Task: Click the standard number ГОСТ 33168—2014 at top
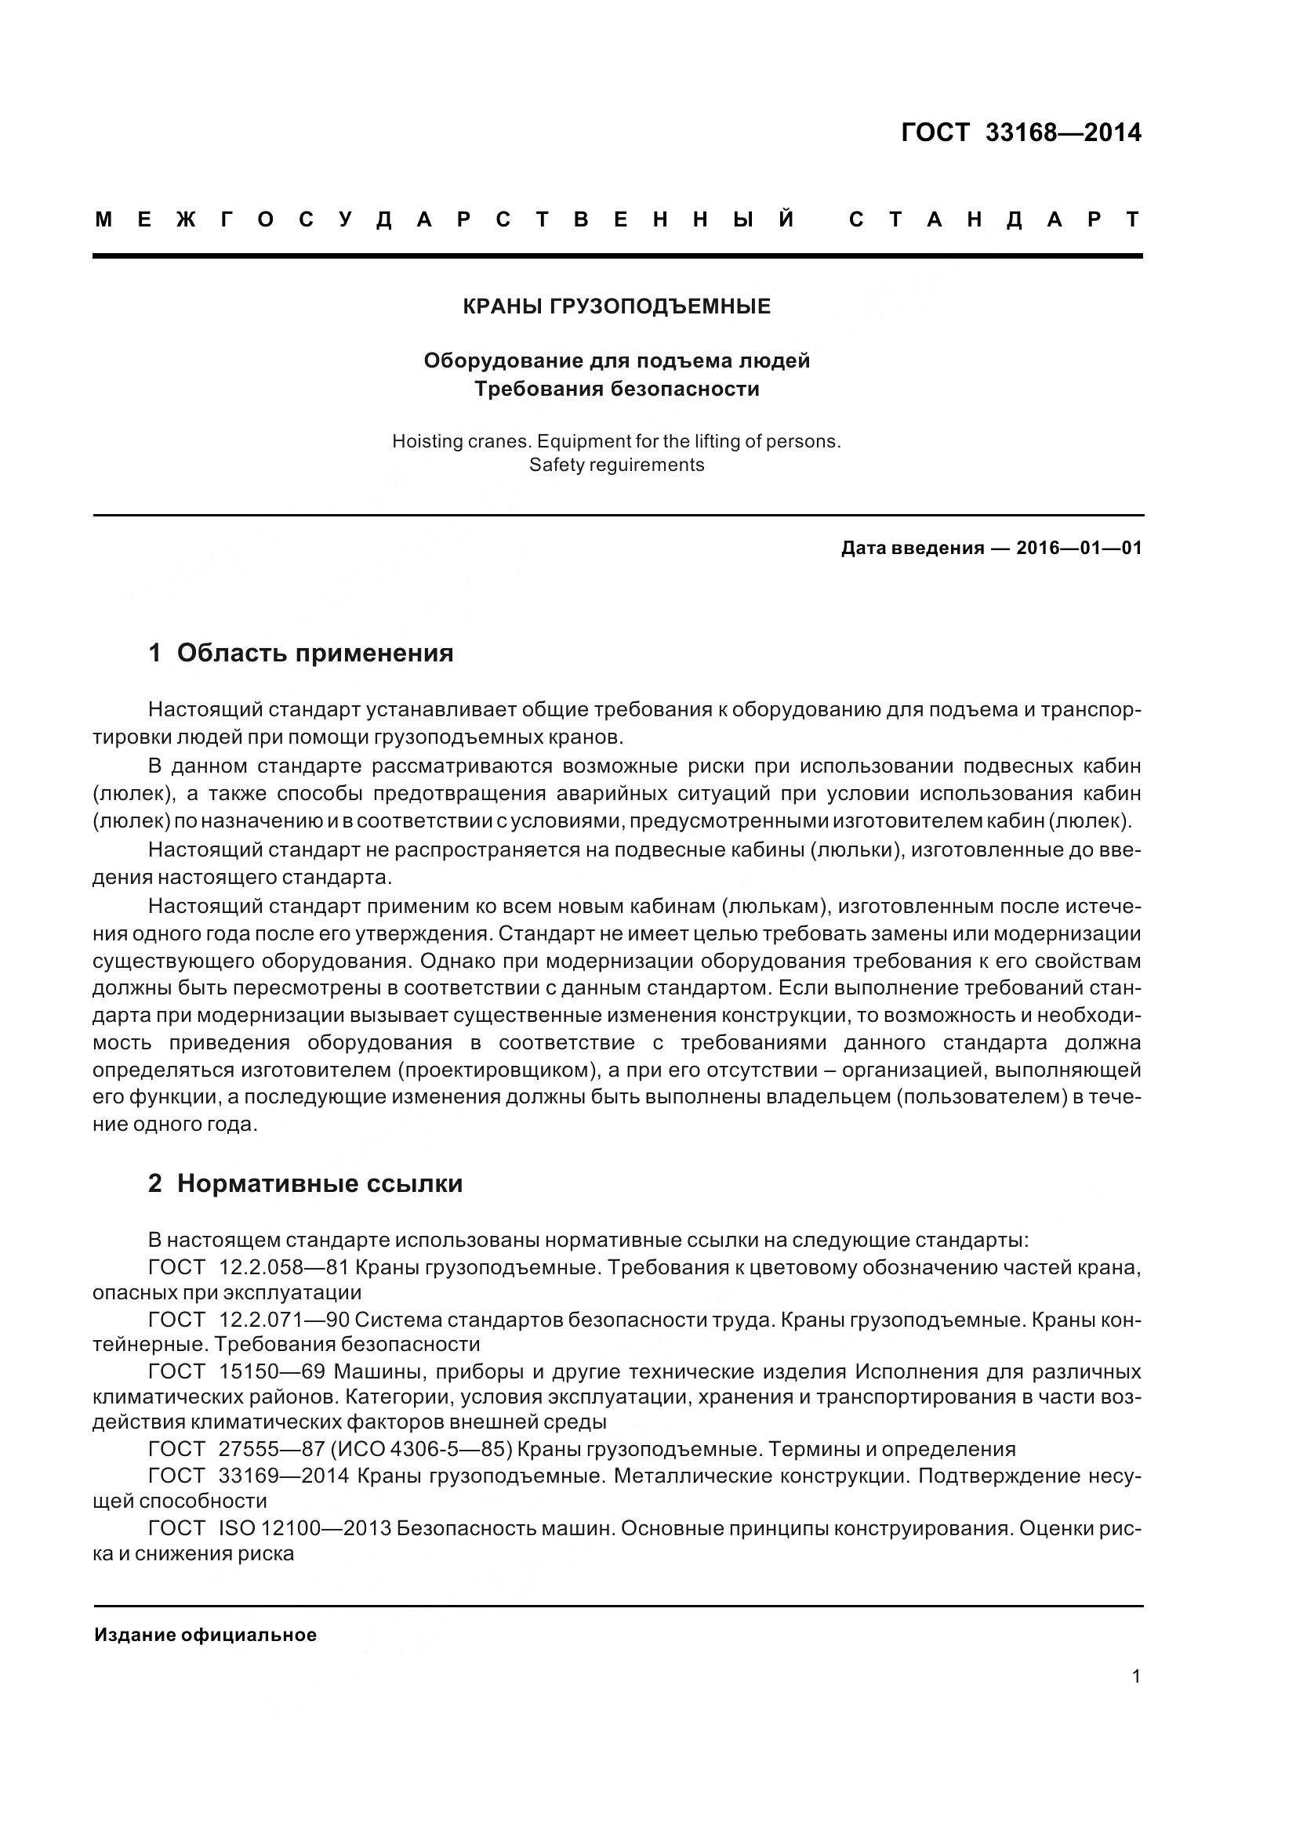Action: (x=1021, y=132)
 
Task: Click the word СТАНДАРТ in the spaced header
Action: (x=994, y=219)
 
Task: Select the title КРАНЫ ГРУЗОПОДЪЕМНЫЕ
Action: (x=616, y=306)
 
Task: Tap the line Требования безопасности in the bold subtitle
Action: (x=616, y=389)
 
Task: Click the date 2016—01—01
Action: (x=1079, y=549)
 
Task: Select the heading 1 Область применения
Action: (x=300, y=653)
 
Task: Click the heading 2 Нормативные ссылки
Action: (x=305, y=1184)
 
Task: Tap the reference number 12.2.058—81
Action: (x=285, y=1268)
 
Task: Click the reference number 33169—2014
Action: (x=284, y=1476)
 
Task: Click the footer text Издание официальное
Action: (x=205, y=1635)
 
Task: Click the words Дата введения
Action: (x=911, y=549)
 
